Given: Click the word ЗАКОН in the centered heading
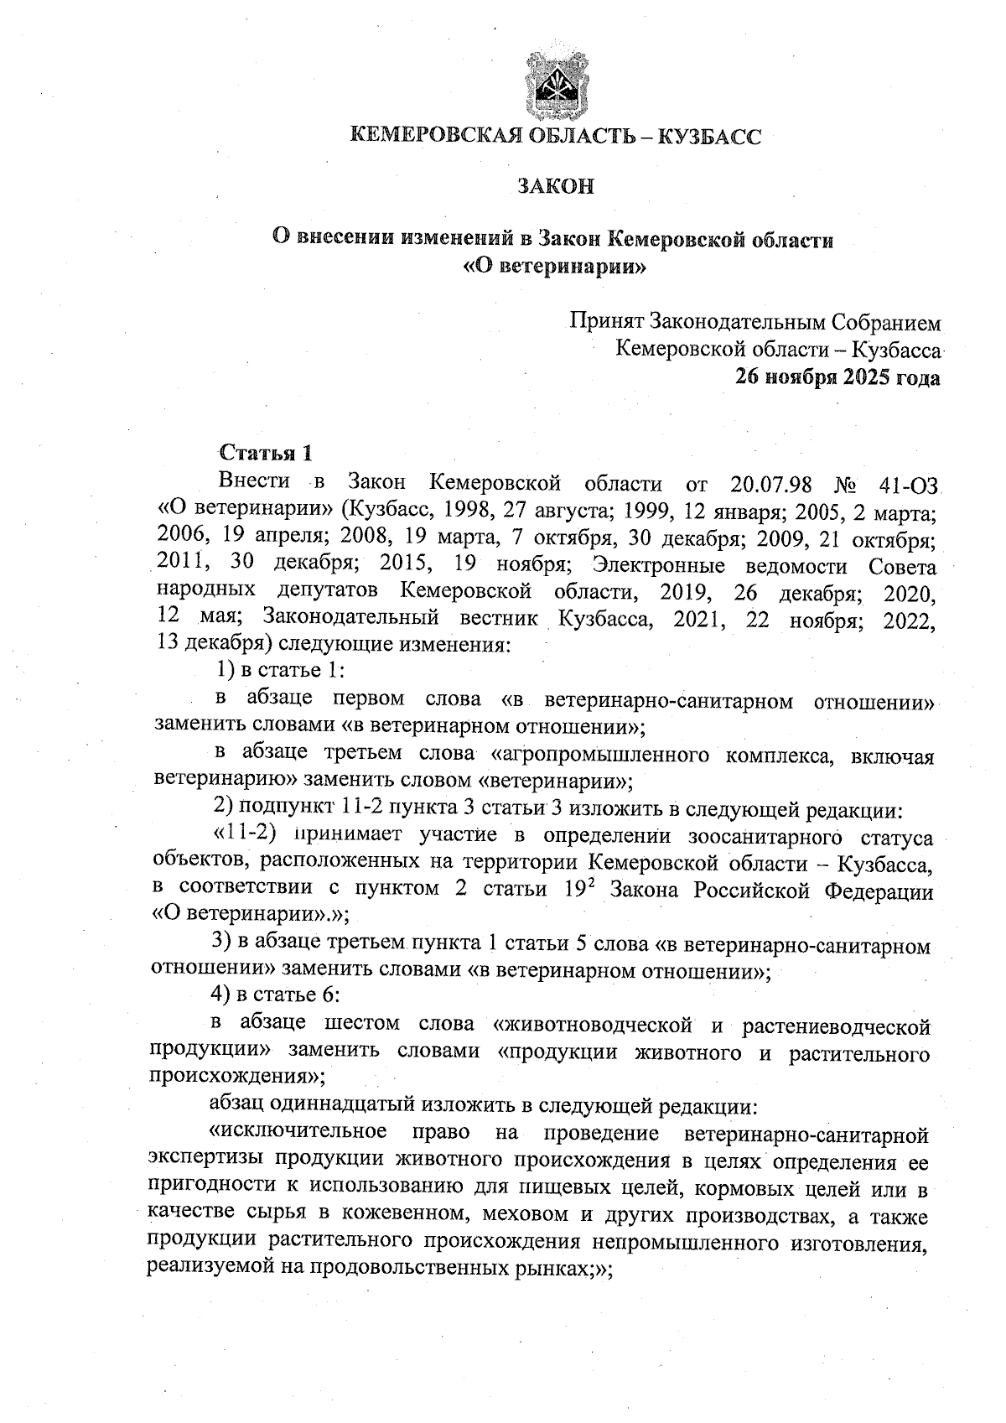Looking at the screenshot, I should tap(555, 186).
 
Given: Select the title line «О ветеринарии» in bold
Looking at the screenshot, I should tap(555, 268).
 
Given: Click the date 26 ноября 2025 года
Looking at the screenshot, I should tap(837, 378).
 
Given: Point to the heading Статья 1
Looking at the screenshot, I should tap(266, 454).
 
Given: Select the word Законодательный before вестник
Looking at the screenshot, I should tap(351, 618).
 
